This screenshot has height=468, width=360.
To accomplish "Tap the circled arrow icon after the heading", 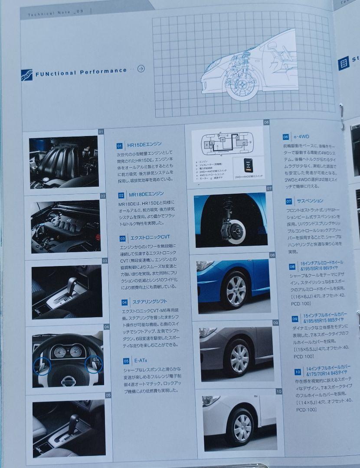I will [141, 68].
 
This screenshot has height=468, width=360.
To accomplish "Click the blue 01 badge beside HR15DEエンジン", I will [120, 146].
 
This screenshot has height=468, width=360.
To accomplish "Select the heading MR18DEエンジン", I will [146, 194].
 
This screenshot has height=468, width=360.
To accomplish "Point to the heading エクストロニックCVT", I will [151, 238].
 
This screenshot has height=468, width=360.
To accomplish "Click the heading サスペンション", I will [310, 201].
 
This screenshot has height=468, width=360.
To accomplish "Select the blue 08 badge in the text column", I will [292, 266].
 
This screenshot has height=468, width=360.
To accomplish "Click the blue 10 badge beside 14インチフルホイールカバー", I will [298, 371].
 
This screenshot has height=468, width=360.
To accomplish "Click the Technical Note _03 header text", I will [52, 14].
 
